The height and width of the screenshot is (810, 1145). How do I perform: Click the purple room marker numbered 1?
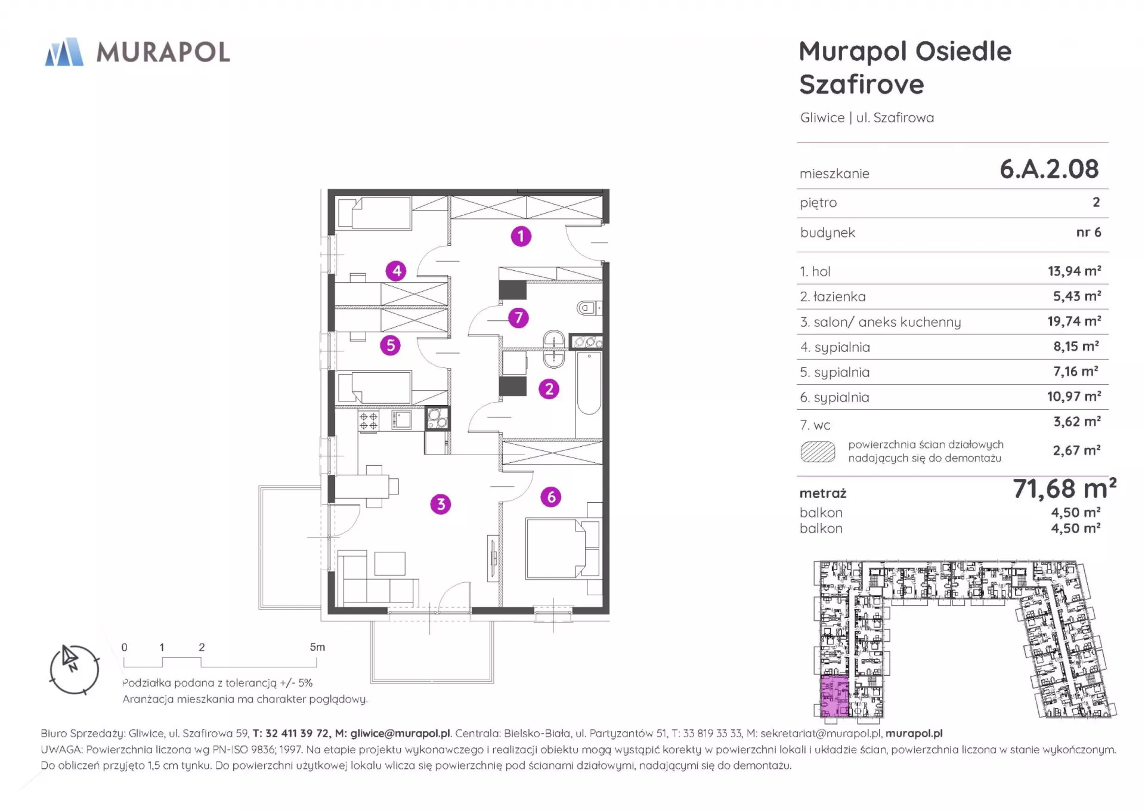[521, 236]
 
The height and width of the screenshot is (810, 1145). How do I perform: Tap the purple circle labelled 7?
[518, 317]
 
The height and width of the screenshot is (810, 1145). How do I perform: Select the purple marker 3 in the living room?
[441, 504]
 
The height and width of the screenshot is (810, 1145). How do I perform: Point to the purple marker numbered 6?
[551, 496]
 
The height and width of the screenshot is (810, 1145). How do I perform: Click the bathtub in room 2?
[589, 383]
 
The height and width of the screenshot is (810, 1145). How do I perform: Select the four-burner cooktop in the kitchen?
[369, 421]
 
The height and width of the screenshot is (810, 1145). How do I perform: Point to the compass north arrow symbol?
[70, 658]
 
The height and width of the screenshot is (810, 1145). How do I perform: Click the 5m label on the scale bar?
[317, 647]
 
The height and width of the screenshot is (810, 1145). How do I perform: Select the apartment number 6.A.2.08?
[1049, 169]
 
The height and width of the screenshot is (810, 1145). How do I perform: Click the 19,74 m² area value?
[1074, 321]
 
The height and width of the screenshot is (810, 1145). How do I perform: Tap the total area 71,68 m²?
[1064, 489]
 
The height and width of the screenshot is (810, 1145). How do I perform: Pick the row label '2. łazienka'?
[833, 296]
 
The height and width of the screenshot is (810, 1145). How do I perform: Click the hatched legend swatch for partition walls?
[818, 452]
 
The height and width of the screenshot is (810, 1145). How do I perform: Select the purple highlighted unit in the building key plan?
[834, 696]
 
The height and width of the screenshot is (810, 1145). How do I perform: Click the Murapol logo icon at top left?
[64, 52]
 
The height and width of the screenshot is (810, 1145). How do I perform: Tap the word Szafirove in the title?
[862, 84]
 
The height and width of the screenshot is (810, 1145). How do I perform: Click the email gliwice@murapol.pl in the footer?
[400, 733]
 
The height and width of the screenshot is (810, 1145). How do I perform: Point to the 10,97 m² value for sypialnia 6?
[1074, 396]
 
